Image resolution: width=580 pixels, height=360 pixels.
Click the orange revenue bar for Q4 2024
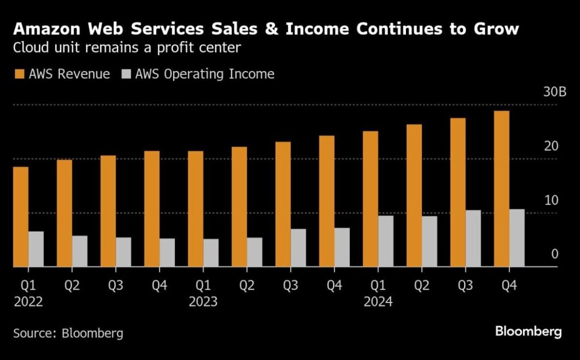[x=501, y=188]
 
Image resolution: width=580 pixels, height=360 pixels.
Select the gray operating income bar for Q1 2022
[x=36, y=249]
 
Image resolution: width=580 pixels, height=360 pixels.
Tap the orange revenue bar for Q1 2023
[x=195, y=209]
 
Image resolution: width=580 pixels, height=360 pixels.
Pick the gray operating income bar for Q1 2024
[x=385, y=241]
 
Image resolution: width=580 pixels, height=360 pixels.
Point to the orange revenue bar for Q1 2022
[x=20, y=217]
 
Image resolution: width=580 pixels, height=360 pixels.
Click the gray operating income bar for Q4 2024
[x=517, y=238]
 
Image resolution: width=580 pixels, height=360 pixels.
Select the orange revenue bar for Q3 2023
[x=283, y=204]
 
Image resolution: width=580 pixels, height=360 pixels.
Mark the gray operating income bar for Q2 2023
[x=254, y=252]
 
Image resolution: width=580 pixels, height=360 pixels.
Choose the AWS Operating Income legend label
[x=204, y=74]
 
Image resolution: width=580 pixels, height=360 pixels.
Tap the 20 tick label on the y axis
[x=551, y=147]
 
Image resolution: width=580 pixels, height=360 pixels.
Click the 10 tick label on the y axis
[x=551, y=201]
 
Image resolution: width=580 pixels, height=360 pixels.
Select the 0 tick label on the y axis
[x=555, y=254]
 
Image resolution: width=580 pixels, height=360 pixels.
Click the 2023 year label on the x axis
[x=203, y=301]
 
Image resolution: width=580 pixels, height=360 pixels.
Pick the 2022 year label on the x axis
[x=28, y=301]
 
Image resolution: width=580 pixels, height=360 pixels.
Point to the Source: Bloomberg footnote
[x=68, y=333]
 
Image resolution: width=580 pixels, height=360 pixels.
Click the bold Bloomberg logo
[x=528, y=332]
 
